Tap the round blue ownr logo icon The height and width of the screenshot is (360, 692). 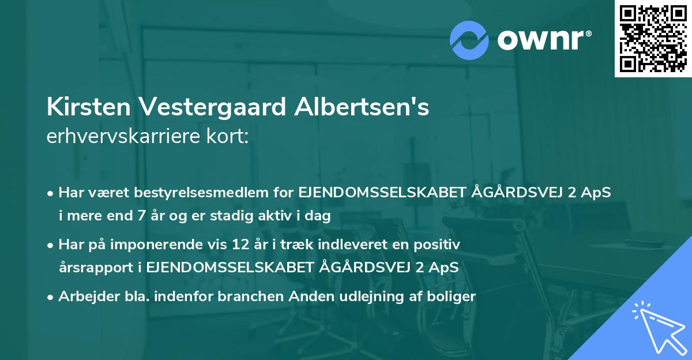coord(469,40)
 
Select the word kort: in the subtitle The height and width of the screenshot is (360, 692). coord(231,137)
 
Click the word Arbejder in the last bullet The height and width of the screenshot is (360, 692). coord(85,297)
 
